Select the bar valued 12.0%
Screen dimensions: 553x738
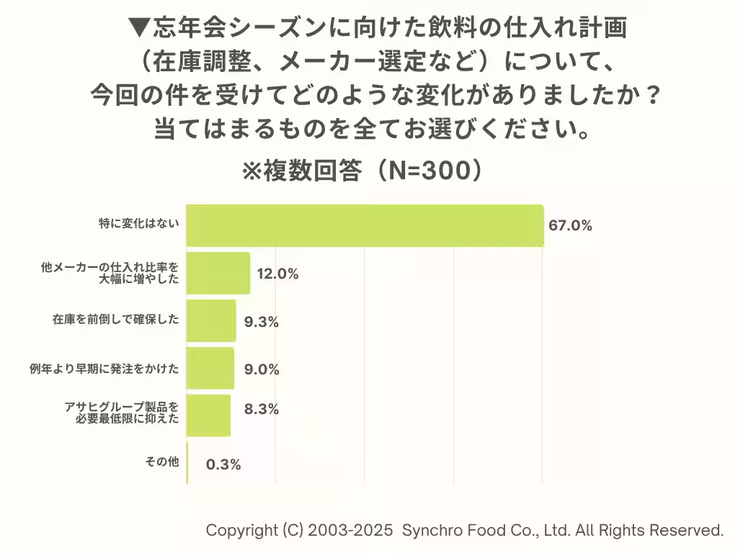(x=218, y=273)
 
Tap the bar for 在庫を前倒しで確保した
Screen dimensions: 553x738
(x=210, y=320)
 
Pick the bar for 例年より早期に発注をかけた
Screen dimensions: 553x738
(x=210, y=368)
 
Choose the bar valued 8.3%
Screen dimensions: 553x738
(x=208, y=415)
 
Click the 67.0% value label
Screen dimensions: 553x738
(x=570, y=225)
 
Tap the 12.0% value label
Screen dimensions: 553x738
(x=277, y=274)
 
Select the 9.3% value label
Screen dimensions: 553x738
(x=262, y=322)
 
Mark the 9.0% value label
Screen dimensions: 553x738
(x=262, y=369)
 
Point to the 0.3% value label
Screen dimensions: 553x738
(x=223, y=464)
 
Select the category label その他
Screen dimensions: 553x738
(x=162, y=462)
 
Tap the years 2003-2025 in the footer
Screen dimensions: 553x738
(x=350, y=531)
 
